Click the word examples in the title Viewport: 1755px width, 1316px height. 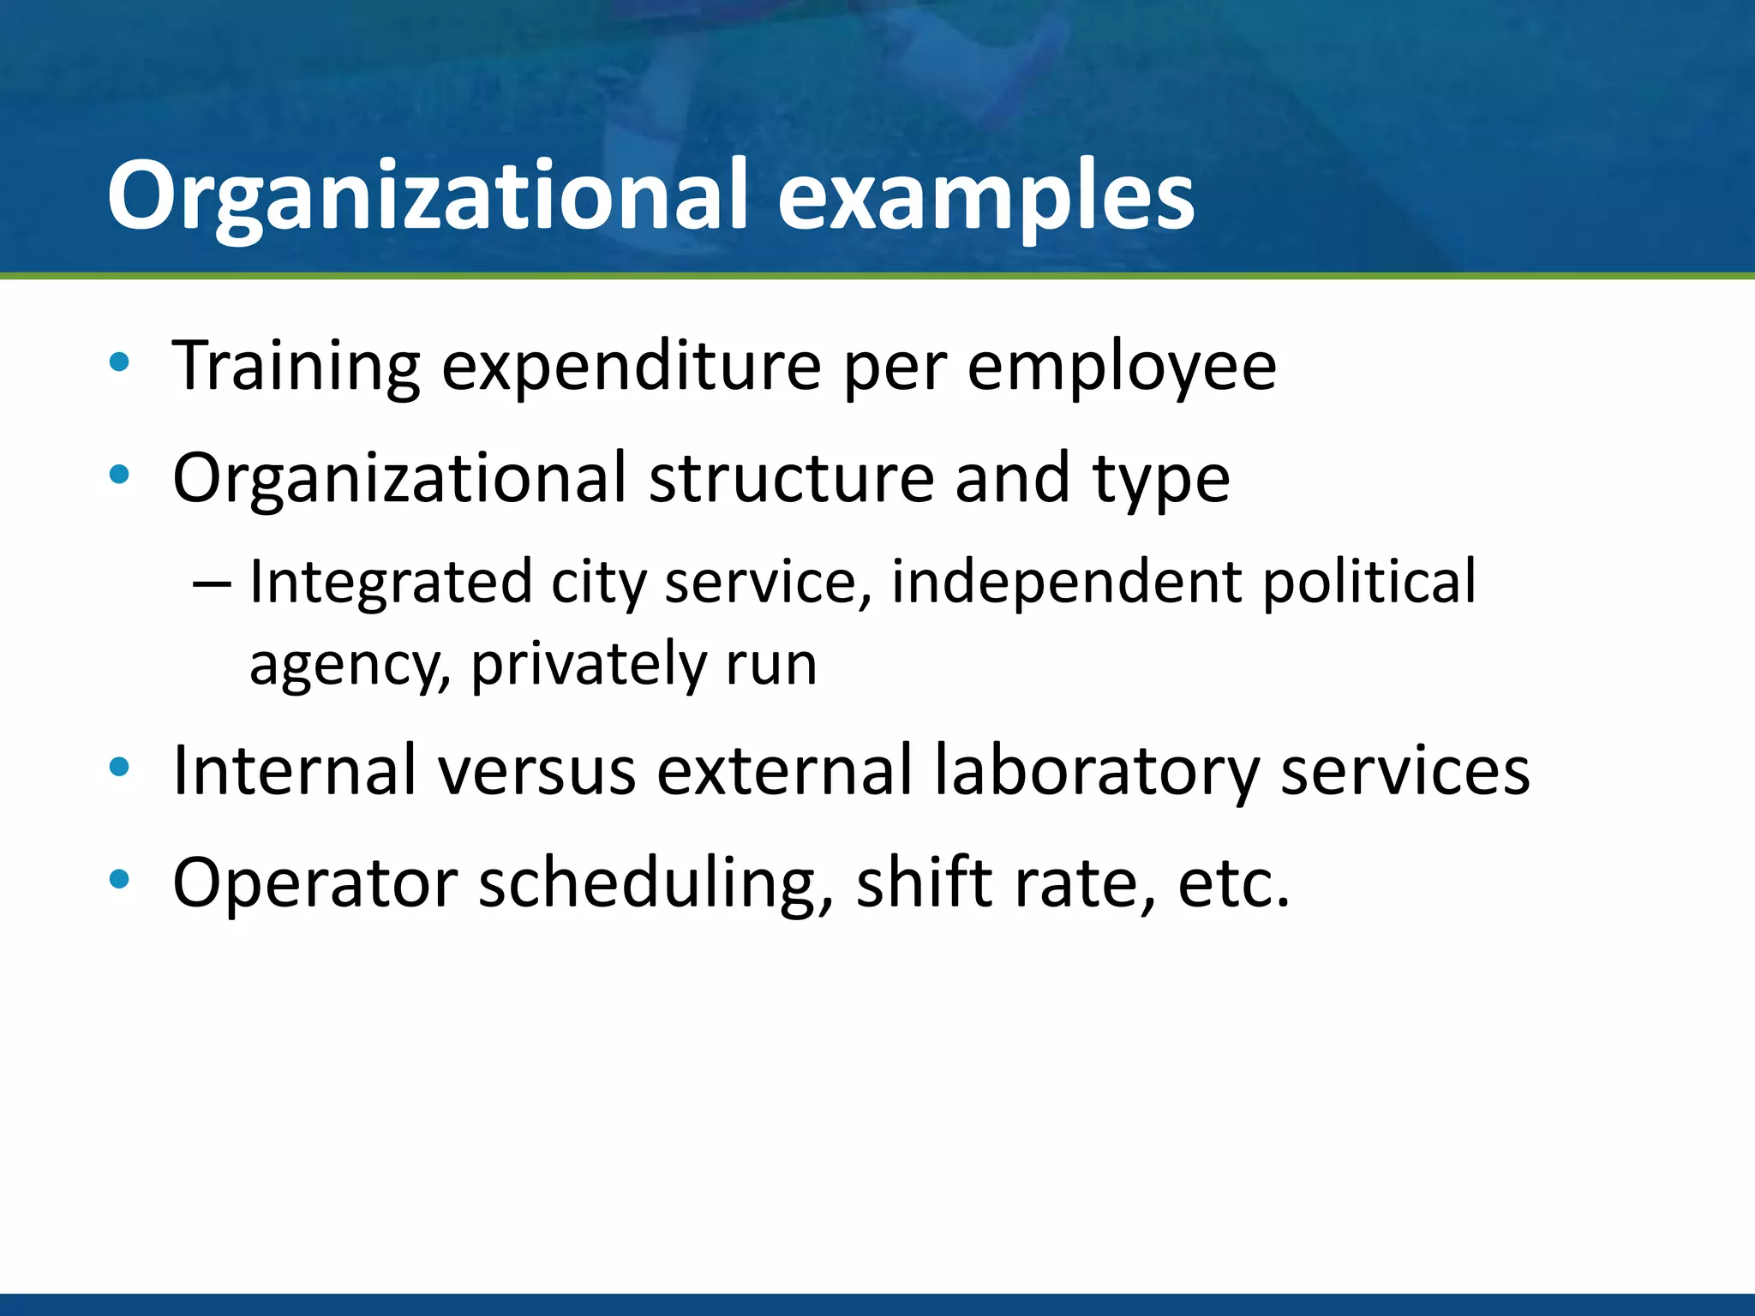pos(985,197)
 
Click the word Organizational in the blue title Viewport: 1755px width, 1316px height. pos(429,197)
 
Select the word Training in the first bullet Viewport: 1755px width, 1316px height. pos(296,367)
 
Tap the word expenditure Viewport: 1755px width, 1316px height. pos(632,367)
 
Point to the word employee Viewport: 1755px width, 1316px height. pos(1122,367)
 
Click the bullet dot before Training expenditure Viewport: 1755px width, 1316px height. pos(119,362)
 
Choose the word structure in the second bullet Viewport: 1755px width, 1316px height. pos(791,478)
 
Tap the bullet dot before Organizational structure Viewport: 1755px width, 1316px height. pos(119,474)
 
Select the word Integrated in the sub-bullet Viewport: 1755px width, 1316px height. pos(391,583)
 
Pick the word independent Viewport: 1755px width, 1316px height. pos(1066,583)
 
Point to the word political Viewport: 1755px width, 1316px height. pos(1369,583)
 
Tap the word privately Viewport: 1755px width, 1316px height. pos(588,665)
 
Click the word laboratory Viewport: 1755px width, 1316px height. pos(1095,771)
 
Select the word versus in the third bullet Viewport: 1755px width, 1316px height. pos(537,771)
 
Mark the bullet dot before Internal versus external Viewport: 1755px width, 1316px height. pos(119,768)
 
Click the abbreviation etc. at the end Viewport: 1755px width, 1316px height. pos(1233,882)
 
